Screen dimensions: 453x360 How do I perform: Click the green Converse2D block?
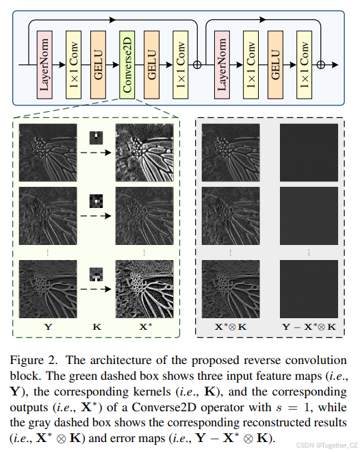tap(127, 64)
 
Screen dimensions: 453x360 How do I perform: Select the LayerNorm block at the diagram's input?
tap(46, 64)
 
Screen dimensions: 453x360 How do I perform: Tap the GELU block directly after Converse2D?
tap(153, 64)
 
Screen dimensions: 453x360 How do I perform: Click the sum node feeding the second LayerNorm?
tap(198, 64)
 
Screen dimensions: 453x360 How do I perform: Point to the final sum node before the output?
tap(321, 64)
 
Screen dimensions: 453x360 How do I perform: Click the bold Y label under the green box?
tap(47, 327)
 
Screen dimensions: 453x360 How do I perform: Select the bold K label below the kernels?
tap(97, 327)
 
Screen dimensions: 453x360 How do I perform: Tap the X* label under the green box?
tap(145, 327)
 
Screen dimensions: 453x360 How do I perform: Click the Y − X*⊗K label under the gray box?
tap(309, 327)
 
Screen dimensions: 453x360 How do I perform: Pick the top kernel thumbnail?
tap(97, 138)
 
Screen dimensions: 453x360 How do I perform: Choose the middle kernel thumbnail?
tap(97, 201)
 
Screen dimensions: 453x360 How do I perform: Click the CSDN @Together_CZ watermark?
tap(321, 445)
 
